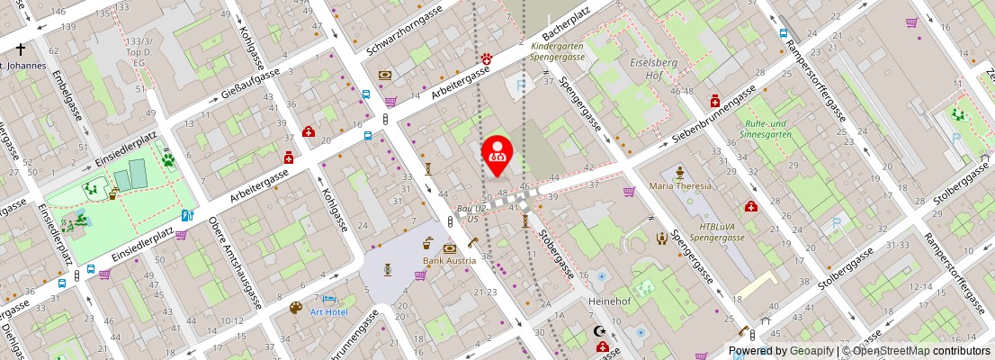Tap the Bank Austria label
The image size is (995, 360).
tap(450, 261)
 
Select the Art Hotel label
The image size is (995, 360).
tap(328, 311)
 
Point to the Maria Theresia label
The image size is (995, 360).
tap(681, 186)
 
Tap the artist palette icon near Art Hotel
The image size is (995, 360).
tap(296, 308)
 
